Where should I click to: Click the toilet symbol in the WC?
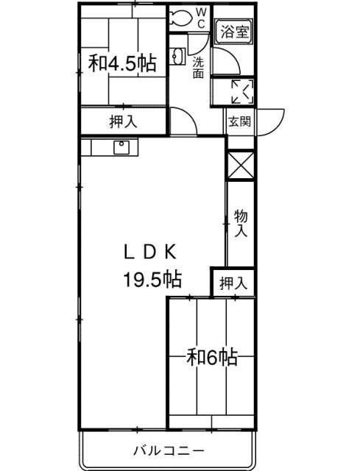[x=180, y=18]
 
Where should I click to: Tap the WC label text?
[x=201, y=18]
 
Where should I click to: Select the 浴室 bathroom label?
[x=235, y=32]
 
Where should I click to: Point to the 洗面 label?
[x=198, y=68]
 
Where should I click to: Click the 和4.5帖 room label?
[x=122, y=63]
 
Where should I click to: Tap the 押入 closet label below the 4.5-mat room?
[x=123, y=121]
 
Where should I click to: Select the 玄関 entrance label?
[x=239, y=121]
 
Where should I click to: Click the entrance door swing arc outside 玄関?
[x=277, y=126]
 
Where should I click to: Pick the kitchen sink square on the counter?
[x=121, y=147]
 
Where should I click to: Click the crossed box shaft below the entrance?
[x=241, y=165]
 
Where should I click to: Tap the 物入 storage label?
[x=241, y=223]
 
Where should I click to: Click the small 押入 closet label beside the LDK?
[x=233, y=283]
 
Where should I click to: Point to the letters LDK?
[x=150, y=253]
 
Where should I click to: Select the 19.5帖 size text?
[x=152, y=279]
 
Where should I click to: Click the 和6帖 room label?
[x=212, y=357]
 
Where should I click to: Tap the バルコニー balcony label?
[x=169, y=450]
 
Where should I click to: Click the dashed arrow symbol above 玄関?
[x=243, y=91]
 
